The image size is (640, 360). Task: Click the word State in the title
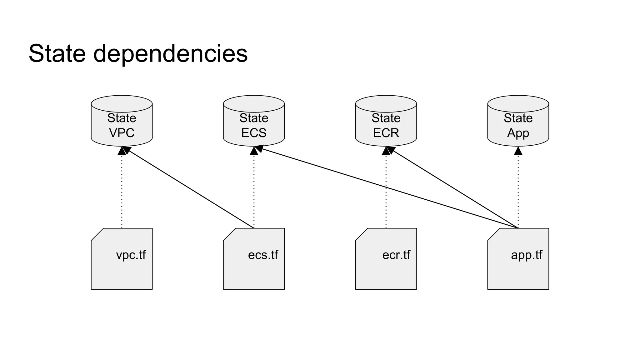pos(57,53)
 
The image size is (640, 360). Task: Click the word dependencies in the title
pos(170,54)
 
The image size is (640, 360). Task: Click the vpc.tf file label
pos(131,255)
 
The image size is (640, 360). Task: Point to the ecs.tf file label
pos(263,255)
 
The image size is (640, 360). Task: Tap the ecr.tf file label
pos(396,255)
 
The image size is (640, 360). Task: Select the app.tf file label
pos(527,255)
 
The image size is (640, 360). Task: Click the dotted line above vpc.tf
pos(122,191)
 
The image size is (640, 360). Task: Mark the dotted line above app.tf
pos(518,191)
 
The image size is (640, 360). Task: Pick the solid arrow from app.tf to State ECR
pos(453,187)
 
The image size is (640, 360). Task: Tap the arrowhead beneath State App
pos(518,151)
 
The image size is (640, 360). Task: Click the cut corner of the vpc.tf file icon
pos(97,234)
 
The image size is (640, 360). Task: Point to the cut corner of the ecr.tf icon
pos(362,234)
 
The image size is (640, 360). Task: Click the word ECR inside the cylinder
pos(386,133)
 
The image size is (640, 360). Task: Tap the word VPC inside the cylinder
pos(122,133)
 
